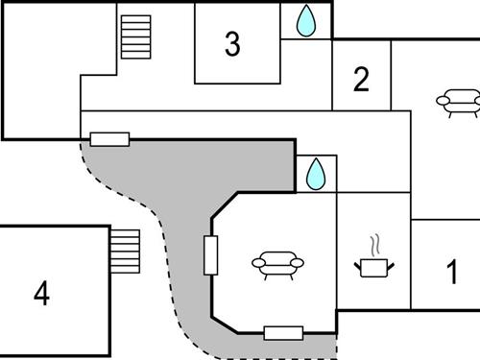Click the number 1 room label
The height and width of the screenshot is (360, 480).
452,273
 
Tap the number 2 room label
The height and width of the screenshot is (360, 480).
361,80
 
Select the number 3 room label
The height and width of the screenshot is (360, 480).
232,44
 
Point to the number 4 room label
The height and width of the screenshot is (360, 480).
41,294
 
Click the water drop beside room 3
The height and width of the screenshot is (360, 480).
306,20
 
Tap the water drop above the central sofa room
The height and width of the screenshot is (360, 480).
316,174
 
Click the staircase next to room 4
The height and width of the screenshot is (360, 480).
124,250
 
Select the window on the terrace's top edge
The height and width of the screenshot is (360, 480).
109,139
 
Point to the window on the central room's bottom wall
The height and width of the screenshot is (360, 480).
283,333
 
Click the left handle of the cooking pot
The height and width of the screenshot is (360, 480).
357,260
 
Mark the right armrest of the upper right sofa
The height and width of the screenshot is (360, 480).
475,98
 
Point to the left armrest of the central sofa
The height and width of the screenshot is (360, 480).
258,261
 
